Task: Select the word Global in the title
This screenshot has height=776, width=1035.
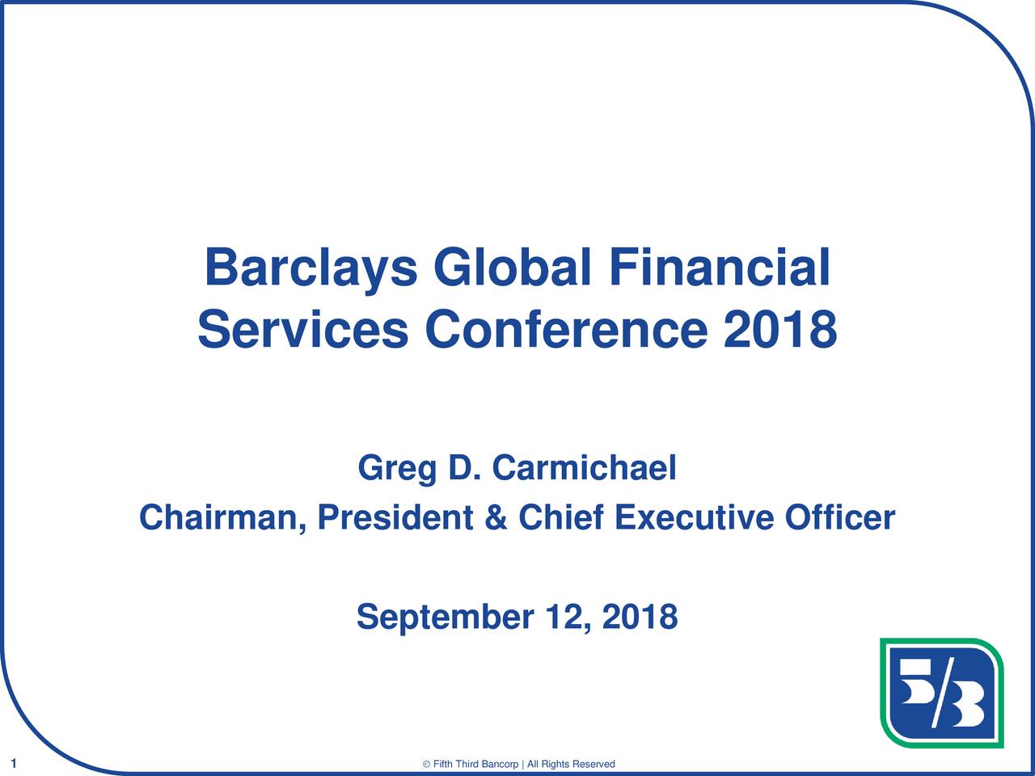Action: tap(512, 267)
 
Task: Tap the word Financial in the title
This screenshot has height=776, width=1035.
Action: tap(720, 267)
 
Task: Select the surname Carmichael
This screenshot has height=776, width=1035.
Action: tap(585, 467)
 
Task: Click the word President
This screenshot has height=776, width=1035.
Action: tap(395, 517)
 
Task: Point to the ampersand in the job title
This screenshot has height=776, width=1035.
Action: tap(496, 517)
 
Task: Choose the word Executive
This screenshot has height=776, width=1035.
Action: tap(694, 517)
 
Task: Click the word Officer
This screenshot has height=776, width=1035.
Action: tap(840, 517)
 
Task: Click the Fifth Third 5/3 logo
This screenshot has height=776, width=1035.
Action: tap(942, 693)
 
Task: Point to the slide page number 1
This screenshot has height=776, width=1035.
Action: tap(14, 763)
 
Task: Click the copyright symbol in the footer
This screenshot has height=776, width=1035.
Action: tap(426, 764)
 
